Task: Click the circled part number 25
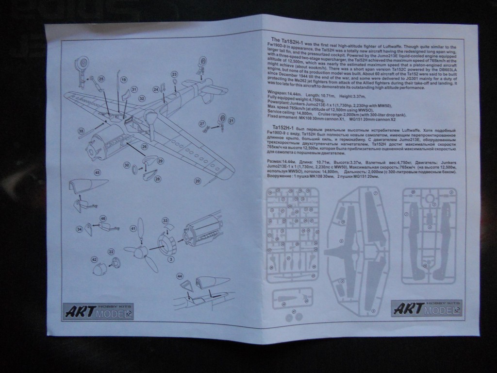point(101,79)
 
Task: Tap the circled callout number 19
point(123,80)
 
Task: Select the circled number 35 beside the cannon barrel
point(81,130)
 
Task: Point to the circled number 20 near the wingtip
point(198,181)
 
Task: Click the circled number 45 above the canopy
point(97,172)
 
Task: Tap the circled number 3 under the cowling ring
point(171,259)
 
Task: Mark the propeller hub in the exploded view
point(140,251)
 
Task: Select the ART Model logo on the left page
point(98,312)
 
